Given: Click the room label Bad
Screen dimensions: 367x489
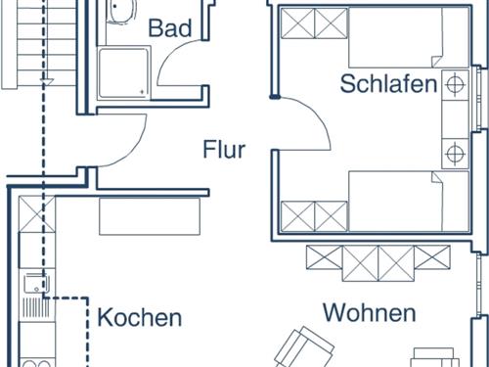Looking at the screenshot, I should (169, 27).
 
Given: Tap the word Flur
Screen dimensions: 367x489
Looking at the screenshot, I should (224, 150).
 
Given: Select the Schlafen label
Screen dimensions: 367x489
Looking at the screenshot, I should (388, 84).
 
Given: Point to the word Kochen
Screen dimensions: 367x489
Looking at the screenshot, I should (140, 318).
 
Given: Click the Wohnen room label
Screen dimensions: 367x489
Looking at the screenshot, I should (370, 313).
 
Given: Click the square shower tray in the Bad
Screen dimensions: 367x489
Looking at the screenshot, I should (124, 73).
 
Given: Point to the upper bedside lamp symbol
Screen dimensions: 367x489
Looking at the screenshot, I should (455, 85).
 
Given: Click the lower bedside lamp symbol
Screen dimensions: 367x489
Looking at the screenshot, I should (455, 153).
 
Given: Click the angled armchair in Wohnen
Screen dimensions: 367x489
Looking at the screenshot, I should (300, 347).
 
